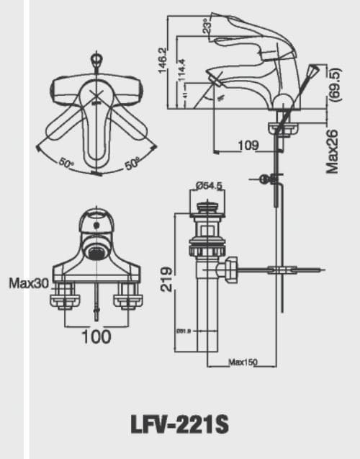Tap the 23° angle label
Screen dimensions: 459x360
point(207,27)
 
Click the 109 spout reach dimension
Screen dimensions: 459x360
point(248,146)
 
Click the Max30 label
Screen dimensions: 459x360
point(29,283)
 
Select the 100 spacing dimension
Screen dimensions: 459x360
point(96,335)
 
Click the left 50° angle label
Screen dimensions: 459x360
point(67,164)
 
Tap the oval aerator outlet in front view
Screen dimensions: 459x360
point(95,251)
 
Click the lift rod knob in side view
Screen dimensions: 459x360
point(312,71)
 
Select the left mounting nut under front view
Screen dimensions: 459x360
point(63,295)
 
